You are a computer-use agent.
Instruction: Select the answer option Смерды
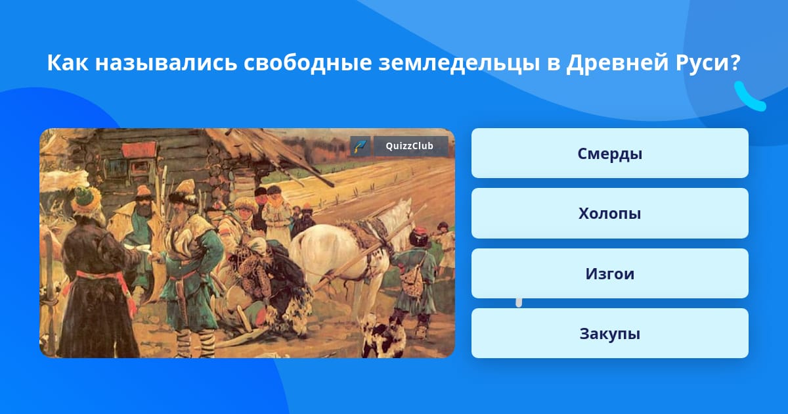pyautogui.click(x=609, y=153)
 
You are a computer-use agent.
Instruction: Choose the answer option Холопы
pyautogui.click(x=609, y=214)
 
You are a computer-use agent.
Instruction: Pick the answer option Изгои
pyautogui.click(x=609, y=273)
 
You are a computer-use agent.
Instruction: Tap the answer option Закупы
pyautogui.click(x=609, y=333)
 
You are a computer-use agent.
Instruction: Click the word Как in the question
pyautogui.click(x=68, y=62)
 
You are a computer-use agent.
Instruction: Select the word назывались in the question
pyautogui.click(x=165, y=63)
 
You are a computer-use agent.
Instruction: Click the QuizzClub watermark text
pyautogui.click(x=410, y=146)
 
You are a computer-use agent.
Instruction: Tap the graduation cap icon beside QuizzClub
pyautogui.click(x=360, y=146)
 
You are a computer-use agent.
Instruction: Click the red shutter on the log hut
pyautogui.click(x=139, y=150)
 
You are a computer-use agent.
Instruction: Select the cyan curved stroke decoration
pyautogui.click(x=749, y=97)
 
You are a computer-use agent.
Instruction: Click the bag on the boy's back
pyautogui.click(x=412, y=282)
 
